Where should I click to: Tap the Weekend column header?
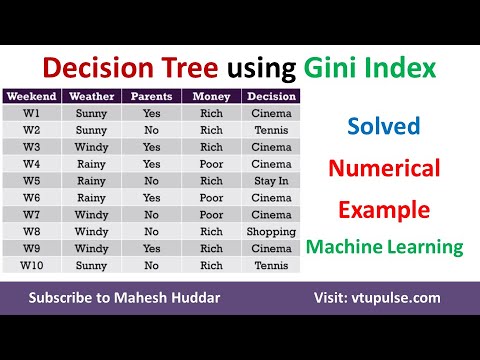pos(31,97)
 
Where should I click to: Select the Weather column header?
pos(91,97)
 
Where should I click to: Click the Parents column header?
pos(152,97)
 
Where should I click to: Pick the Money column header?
pos(212,97)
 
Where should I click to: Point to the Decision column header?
pos(271,97)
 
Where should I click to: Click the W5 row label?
pos(31,181)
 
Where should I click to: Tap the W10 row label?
pos(31,265)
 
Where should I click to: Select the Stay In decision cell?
pos(271,181)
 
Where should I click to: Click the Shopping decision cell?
pos(271,231)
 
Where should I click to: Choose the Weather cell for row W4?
pos(91,164)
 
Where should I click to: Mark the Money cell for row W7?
pos(212,214)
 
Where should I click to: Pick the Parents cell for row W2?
pos(152,130)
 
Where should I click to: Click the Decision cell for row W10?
pos(271,265)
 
